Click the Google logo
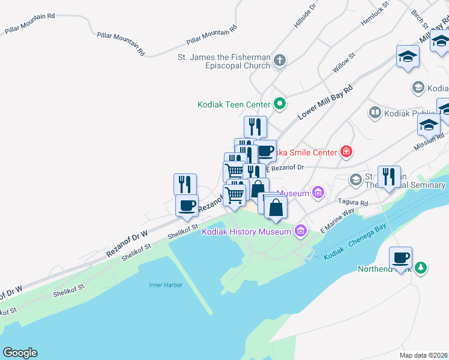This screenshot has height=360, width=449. click(20, 353)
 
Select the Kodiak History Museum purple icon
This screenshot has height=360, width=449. click(301, 231)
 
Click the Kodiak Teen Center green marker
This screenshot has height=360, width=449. click(279, 104)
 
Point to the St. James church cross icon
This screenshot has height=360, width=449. click(280, 60)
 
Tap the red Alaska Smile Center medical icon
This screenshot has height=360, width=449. click(346, 152)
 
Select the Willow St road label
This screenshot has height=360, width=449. click(345, 62)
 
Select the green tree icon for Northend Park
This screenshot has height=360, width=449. click(422, 268)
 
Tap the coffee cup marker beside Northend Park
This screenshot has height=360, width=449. click(400, 259)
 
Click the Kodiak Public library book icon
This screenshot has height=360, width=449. click(375, 113)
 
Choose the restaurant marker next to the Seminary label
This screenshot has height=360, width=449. click(389, 177)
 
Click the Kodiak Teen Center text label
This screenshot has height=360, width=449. click(234, 104)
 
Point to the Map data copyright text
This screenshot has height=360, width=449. click(424, 355)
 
